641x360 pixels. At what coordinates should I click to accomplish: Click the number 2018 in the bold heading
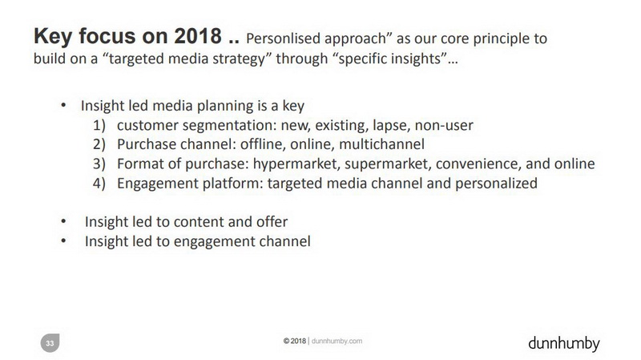(198, 36)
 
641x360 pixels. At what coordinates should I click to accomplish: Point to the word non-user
(444, 125)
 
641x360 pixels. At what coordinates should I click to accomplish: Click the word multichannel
(382, 144)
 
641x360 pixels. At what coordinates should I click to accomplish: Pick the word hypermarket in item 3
(296, 164)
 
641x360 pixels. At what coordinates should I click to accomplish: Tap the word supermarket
(388, 164)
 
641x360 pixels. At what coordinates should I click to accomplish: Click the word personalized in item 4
(496, 184)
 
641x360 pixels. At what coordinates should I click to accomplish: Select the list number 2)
(99, 144)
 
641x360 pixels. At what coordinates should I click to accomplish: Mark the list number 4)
(99, 184)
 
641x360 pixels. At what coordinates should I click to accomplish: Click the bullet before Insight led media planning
(63, 105)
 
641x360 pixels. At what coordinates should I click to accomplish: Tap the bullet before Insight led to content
(63, 221)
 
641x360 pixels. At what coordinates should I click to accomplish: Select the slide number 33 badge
(50, 343)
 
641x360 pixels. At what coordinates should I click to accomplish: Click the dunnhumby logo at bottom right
(564, 343)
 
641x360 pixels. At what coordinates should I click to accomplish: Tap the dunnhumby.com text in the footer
(337, 341)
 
